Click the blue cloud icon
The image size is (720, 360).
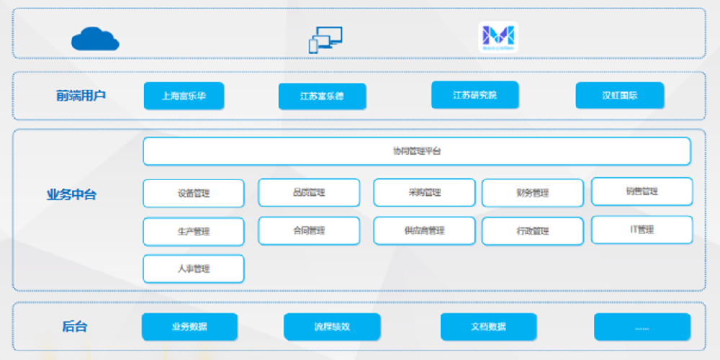point(95,38)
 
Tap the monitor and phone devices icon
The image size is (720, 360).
point(325,40)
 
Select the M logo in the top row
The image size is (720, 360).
point(498,37)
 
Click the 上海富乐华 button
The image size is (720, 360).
point(184,96)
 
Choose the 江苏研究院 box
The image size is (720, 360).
point(474,95)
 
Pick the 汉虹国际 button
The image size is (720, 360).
point(620,96)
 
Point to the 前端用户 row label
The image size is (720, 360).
point(81,95)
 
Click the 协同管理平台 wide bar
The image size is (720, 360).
point(416,151)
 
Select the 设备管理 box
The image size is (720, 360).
point(193,193)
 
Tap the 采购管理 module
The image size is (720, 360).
point(423,193)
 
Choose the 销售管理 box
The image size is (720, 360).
point(642,192)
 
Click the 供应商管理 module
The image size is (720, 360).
point(423,231)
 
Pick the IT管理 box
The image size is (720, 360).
point(642,230)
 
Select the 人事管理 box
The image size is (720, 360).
point(193,269)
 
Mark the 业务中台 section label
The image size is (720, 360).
point(71,194)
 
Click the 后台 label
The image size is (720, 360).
point(75,326)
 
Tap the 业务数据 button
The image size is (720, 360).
point(189,326)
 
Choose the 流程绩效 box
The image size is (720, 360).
point(331,326)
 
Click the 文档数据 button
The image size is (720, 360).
point(488,326)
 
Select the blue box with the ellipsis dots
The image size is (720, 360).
point(642,326)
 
